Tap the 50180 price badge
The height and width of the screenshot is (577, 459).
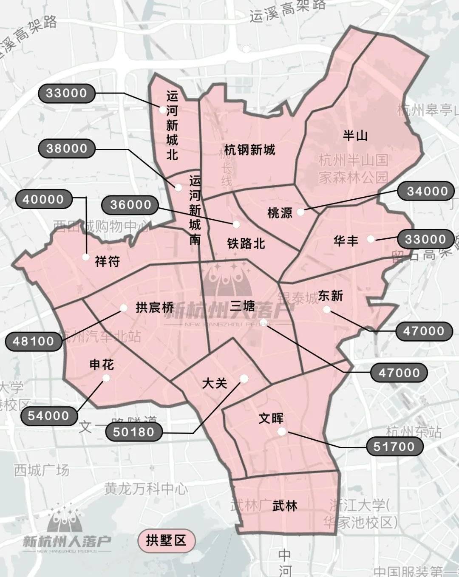(133, 432)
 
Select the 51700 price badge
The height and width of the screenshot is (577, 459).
(394, 446)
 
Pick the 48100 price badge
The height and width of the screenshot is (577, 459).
(34, 341)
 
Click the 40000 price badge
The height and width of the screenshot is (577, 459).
(43, 199)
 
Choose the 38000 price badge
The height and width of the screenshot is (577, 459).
(66, 148)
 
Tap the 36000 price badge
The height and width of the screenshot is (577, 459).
(130, 205)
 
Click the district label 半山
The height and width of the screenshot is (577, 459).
(355, 136)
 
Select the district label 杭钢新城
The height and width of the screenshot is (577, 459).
(249, 150)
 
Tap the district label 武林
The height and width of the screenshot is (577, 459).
(285, 506)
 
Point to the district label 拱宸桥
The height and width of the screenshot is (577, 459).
(155, 307)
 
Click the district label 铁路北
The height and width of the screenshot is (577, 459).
(246, 243)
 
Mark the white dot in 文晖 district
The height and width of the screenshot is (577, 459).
(281, 432)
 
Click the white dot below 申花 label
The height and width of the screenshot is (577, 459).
(106, 378)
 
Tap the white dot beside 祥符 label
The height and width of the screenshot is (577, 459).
(86, 257)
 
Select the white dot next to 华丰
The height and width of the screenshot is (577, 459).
(371, 239)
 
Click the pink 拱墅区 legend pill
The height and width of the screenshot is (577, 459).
(166, 540)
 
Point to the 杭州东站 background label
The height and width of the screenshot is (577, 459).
(414, 432)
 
